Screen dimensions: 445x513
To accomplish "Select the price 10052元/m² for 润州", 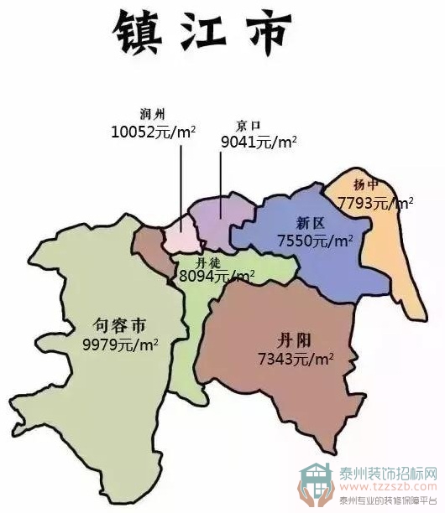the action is (x=153, y=132).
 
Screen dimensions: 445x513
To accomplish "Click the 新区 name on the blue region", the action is (x=310, y=223).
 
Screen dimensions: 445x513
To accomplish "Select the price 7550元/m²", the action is (x=315, y=241).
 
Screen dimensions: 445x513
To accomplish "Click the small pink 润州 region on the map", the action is (x=179, y=237).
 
